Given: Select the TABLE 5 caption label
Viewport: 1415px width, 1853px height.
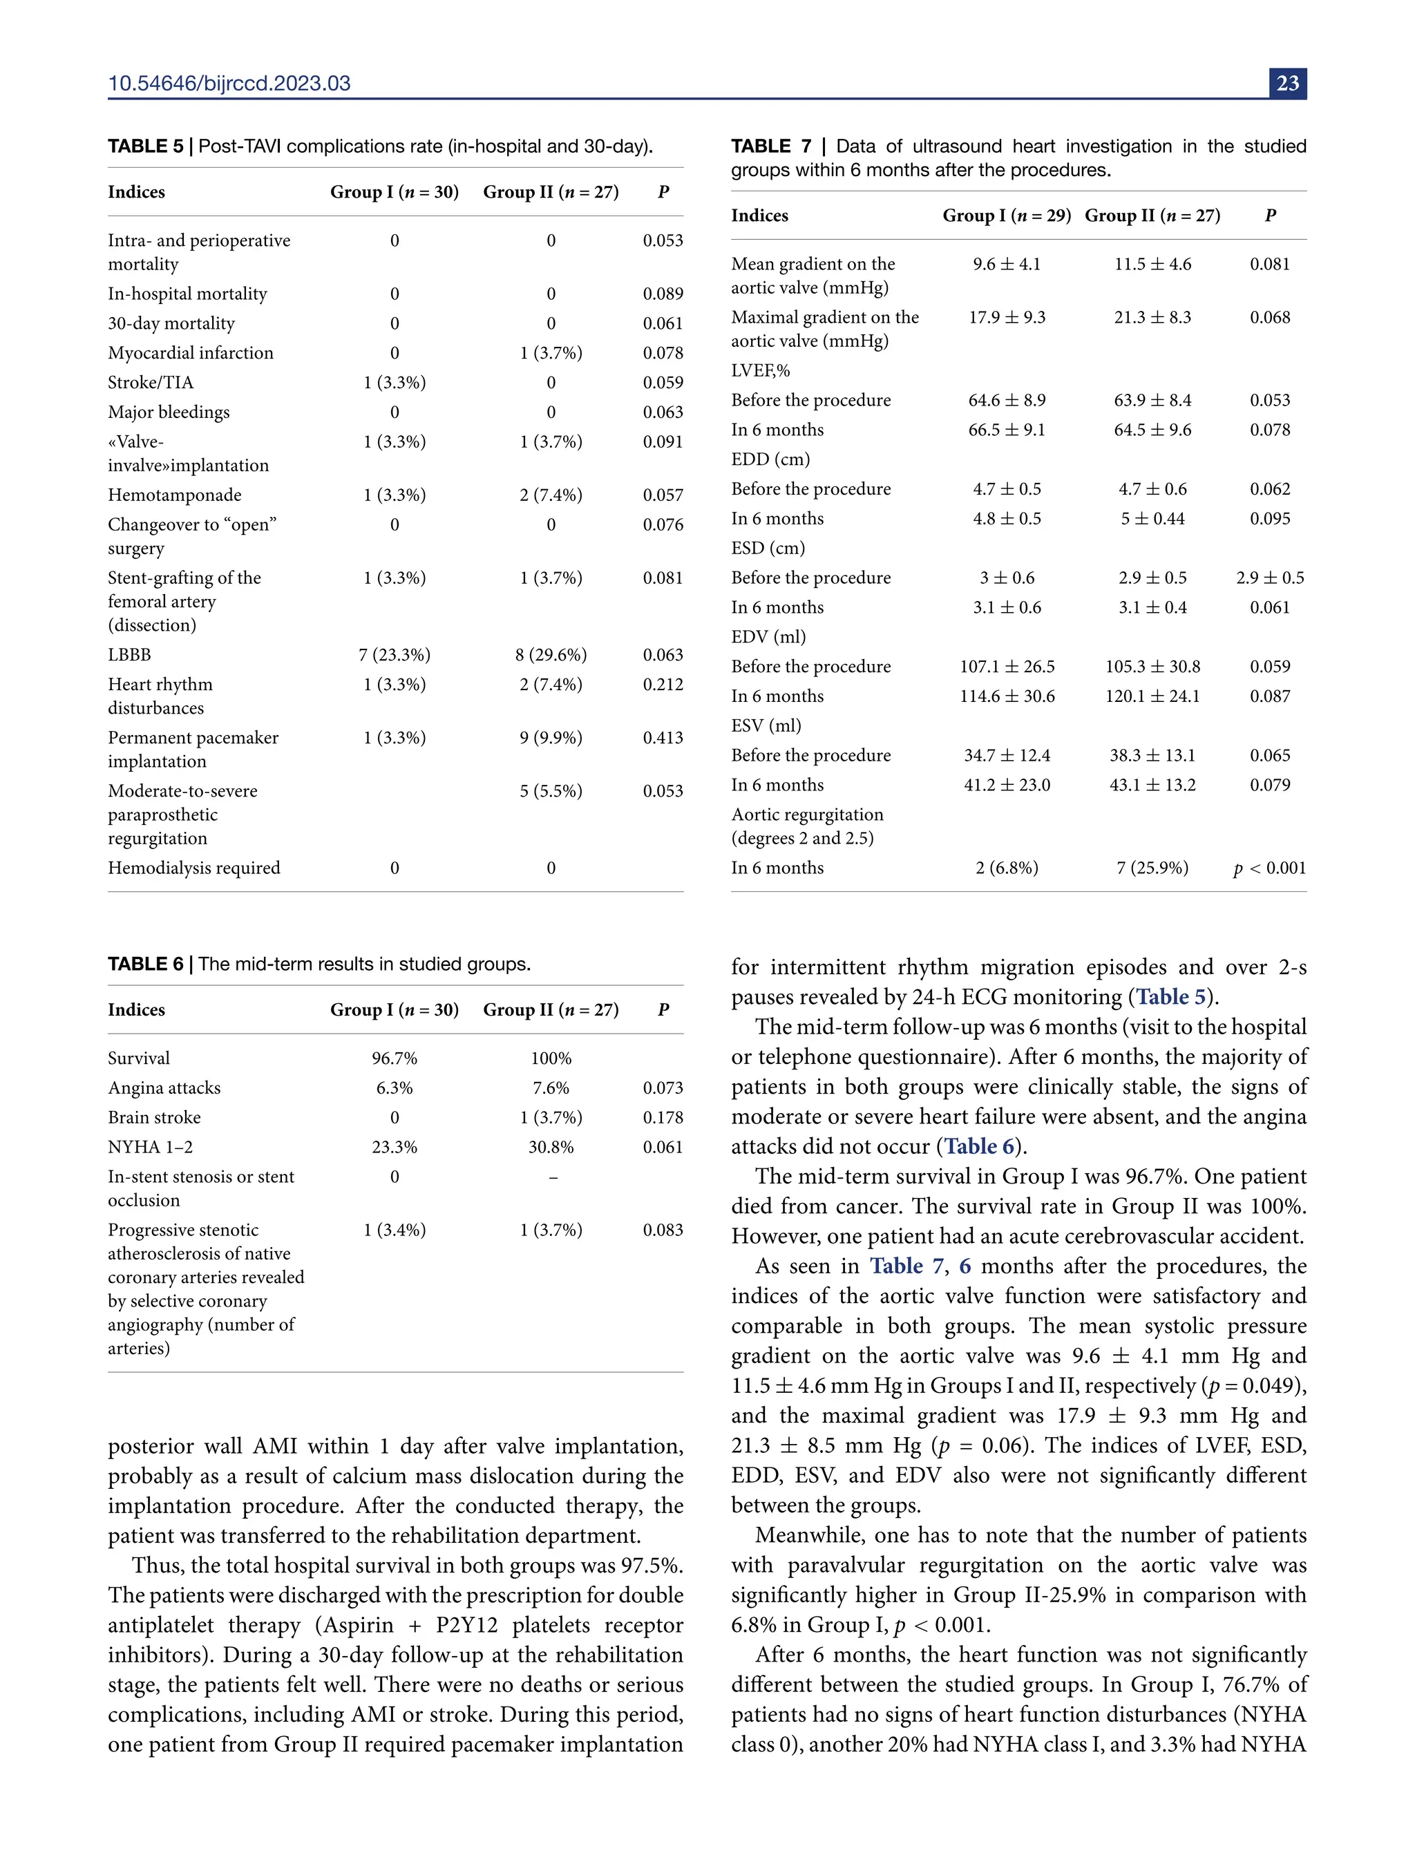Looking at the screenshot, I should tap(145, 146).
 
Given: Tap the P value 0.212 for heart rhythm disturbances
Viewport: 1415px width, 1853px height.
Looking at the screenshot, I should tap(662, 685).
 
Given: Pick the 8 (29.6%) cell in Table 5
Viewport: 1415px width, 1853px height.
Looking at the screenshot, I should tap(551, 655).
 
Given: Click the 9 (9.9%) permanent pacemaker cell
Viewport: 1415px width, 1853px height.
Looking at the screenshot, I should tap(551, 738).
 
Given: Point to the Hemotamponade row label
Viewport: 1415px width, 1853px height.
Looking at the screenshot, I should tap(174, 495).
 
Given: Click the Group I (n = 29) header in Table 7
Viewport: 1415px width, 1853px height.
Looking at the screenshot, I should tap(1007, 216).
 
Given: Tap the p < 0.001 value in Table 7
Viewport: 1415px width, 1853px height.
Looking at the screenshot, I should tap(1269, 868).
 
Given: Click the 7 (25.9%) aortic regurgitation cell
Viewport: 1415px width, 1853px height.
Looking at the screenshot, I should tap(1152, 868).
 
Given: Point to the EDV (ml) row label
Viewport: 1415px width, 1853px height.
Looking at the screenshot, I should tap(768, 638).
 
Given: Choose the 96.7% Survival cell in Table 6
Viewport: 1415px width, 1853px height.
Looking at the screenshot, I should tap(395, 1058).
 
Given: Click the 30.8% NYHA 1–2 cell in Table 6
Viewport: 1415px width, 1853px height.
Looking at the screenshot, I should tap(551, 1147).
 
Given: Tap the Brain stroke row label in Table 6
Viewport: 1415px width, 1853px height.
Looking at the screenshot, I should tap(154, 1118).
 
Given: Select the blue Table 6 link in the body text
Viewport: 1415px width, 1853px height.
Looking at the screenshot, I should tap(979, 1146).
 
